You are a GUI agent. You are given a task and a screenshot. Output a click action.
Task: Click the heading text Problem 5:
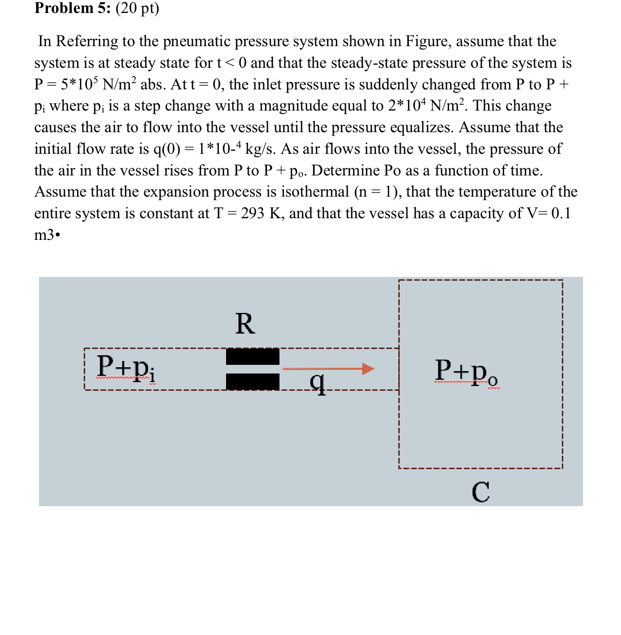tap(73, 8)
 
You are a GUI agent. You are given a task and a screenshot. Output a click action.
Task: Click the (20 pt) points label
tap(137, 8)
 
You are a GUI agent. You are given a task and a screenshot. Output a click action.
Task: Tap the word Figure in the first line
tap(428, 41)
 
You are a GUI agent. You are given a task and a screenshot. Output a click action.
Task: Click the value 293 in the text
tap(253, 213)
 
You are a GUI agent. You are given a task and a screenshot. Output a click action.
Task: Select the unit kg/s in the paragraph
tap(260, 149)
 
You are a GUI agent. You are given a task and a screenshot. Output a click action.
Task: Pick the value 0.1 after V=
tap(561, 213)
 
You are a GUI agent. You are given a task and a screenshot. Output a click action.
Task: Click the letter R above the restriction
tap(245, 324)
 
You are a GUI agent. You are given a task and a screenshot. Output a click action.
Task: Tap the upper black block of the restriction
tap(253, 357)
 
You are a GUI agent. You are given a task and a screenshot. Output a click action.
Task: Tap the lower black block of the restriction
tap(253, 382)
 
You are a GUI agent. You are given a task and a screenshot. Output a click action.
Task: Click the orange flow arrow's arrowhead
tap(368, 369)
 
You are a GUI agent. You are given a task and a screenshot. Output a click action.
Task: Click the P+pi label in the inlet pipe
tap(126, 368)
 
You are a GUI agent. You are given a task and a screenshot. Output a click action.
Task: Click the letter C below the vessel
tap(481, 492)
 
